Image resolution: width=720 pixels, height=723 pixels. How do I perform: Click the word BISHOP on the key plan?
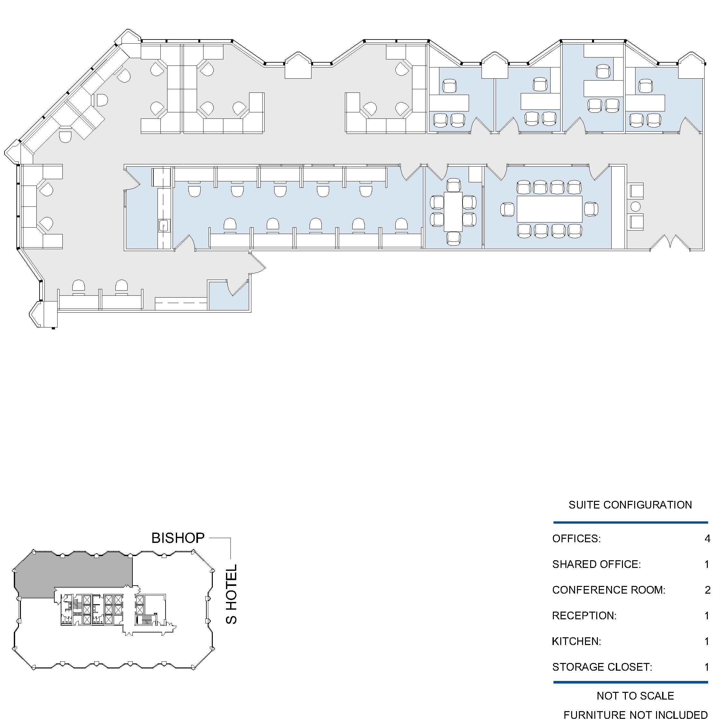pos(178,538)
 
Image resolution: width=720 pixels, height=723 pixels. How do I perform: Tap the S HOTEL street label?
pos(231,594)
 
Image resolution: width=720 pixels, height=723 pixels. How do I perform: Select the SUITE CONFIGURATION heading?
pos(630,505)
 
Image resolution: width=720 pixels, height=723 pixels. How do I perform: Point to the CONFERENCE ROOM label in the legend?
pos(609,590)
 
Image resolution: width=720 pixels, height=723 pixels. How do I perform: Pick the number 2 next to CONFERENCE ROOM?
pos(707,590)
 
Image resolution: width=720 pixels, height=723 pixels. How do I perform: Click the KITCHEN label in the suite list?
pos(577,641)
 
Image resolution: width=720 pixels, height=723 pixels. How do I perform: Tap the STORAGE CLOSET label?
pos(602,667)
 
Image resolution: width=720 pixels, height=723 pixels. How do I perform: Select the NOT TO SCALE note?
pos(635,696)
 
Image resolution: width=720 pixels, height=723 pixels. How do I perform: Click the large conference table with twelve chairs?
pos(550,209)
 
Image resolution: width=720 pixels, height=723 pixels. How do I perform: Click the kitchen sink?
pos(164,226)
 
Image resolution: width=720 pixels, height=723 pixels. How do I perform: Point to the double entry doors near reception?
pos(670,242)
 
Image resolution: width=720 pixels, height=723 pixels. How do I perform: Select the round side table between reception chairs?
pos(635,206)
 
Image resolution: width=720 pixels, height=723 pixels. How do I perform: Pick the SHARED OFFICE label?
pos(596,564)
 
